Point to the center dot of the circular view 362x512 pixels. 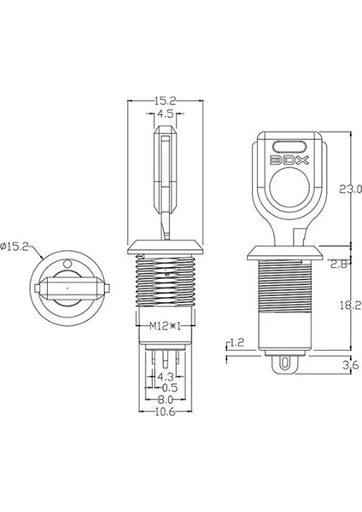pyautogui.click(x=66, y=288)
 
